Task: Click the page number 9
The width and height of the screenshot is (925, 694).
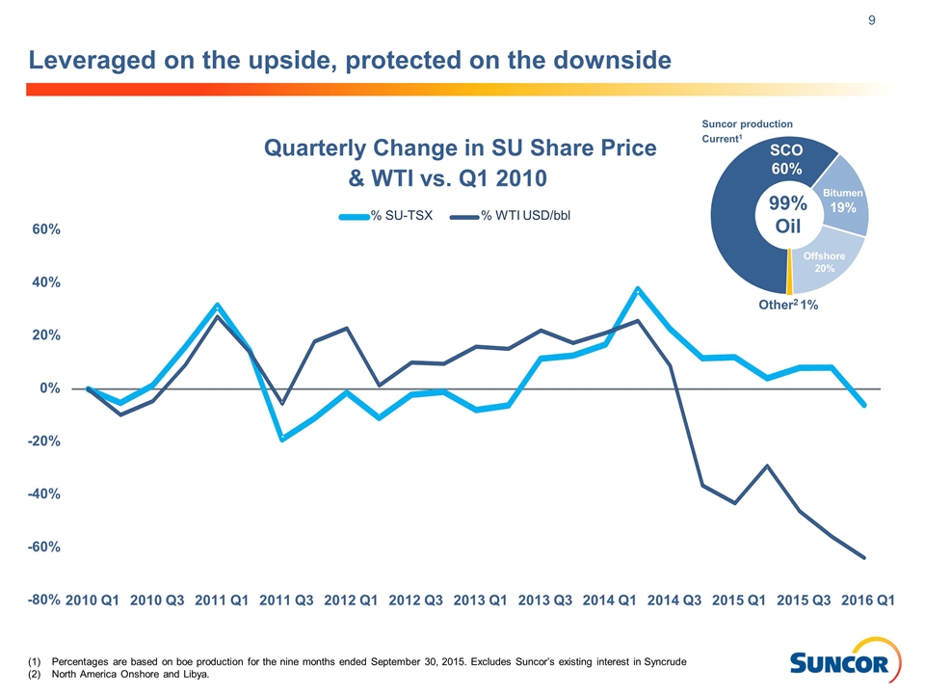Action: pyautogui.click(x=872, y=19)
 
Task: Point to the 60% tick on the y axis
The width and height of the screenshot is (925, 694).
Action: pyautogui.click(x=45, y=230)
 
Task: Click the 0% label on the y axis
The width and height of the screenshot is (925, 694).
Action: pyautogui.click(x=50, y=388)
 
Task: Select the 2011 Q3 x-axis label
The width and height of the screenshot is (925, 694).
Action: pyautogui.click(x=287, y=600)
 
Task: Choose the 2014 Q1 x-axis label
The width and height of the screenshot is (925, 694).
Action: pyautogui.click(x=611, y=600)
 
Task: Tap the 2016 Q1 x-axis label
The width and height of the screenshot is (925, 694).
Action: pyautogui.click(x=869, y=600)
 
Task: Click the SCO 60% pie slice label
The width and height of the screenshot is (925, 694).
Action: pyautogui.click(x=786, y=161)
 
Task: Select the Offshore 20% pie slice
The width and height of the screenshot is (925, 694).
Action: pyautogui.click(x=824, y=261)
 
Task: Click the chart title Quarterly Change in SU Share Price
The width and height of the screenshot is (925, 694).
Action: pyautogui.click(x=460, y=148)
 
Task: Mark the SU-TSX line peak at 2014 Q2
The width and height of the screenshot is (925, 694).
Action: pyautogui.click(x=637, y=289)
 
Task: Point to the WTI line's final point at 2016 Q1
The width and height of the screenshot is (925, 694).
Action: pyautogui.click(x=864, y=557)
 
